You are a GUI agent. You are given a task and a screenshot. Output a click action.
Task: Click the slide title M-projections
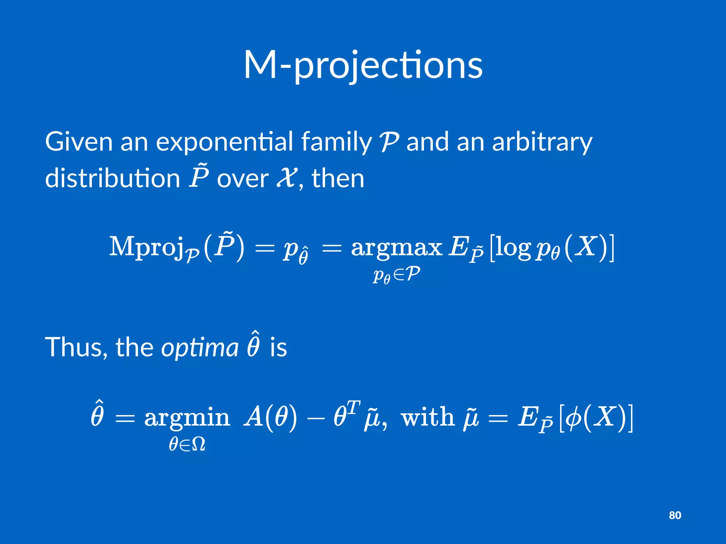click(363, 66)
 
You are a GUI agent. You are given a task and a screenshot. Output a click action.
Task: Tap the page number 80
click(675, 515)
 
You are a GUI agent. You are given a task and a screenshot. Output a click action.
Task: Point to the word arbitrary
click(542, 142)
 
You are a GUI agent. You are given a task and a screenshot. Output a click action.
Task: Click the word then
click(338, 178)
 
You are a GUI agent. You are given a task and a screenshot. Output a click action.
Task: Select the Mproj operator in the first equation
click(154, 247)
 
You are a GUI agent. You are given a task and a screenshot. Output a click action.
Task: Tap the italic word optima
click(200, 348)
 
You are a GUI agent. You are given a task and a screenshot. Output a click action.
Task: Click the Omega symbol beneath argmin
click(198, 444)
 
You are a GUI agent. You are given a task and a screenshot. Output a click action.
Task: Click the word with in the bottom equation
click(428, 417)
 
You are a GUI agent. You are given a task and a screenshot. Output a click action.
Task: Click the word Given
click(79, 142)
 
